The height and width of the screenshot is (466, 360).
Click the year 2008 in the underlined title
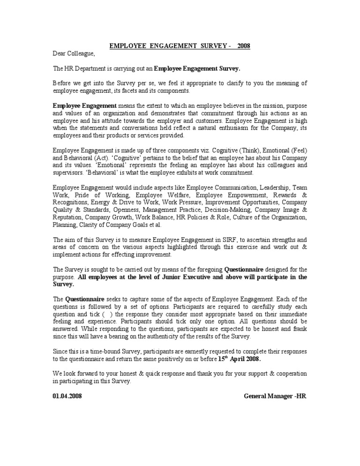coord(244,46)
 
